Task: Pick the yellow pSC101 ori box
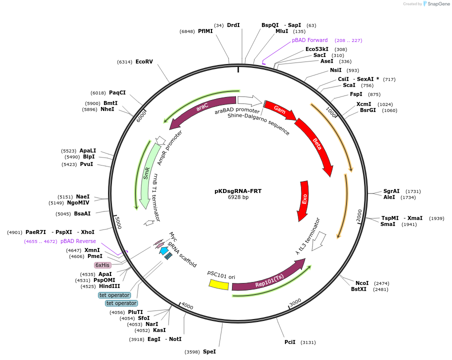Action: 219,284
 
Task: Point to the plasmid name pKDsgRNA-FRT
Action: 238,191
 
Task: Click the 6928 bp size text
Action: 238,197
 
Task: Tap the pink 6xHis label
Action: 102,265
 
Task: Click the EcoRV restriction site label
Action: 144,61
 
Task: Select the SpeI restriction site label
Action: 209,351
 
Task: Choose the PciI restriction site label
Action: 290,342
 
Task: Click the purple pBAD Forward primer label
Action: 310,40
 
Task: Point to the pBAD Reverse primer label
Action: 78,241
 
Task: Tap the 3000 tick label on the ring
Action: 295,302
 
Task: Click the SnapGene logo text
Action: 438,4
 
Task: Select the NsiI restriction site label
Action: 335,70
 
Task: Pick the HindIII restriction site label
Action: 109,286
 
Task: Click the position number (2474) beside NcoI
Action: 381,283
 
